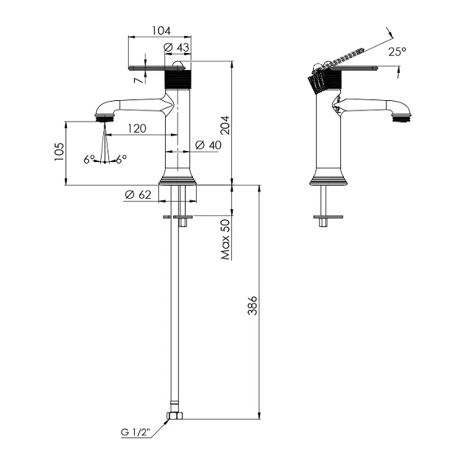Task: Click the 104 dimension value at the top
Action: (x=161, y=30)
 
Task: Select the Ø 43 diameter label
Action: (x=176, y=47)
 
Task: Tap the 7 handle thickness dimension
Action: (x=138, y=80)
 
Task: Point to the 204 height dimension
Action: (x=225, y=125)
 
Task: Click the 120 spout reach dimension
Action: (x=137, y=129)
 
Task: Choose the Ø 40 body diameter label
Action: (x=208, y=145)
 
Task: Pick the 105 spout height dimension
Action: (x=59, y=152)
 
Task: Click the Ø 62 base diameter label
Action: (x=138, y=194)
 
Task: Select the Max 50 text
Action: (x=225, y=239)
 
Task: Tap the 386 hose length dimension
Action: (x=253, y=305)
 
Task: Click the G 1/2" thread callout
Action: (x=136, y=432)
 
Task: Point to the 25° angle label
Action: (x=397, y=52)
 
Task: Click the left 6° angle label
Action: (x=89, y=160)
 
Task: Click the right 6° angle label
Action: (x=122, y=159)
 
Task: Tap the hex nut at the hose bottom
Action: (x=175, y=415)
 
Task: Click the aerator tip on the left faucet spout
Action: (x=105, y=119)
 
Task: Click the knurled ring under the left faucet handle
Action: (x=177, y=80)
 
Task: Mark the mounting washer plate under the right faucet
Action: (x=328, y=217)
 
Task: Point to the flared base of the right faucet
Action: (x=328, y=177)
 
